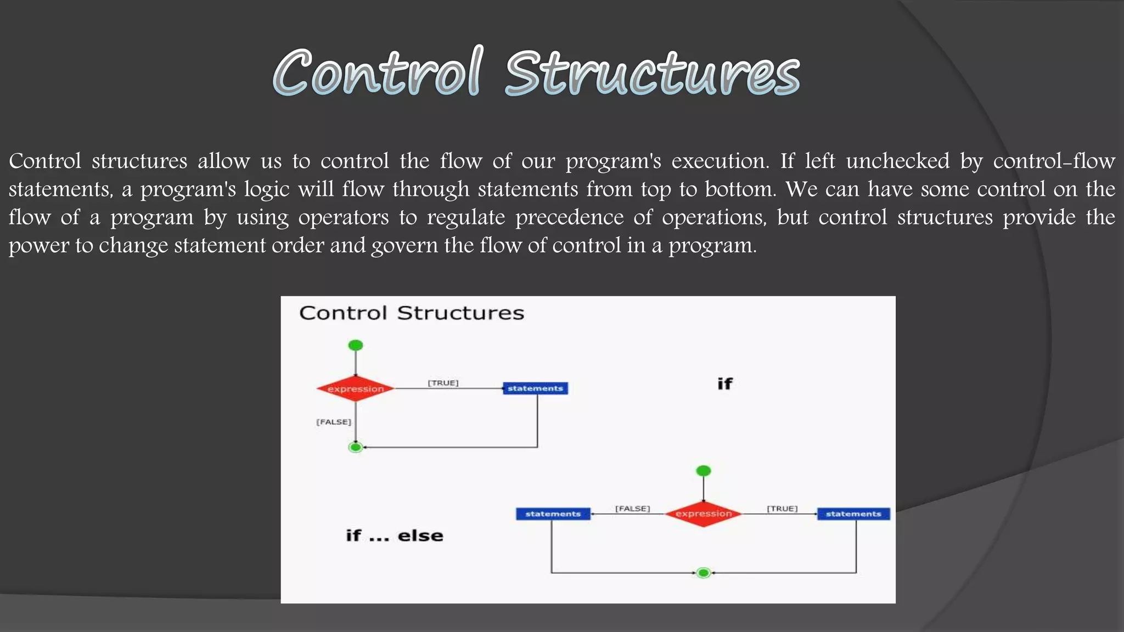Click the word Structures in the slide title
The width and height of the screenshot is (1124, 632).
pyautogui.click(x=652, y=74)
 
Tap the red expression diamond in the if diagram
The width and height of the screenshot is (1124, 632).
pyautogui.click(x=356, y=389)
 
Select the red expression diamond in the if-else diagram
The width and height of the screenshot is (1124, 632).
pyautogui.click(x=704, y=514)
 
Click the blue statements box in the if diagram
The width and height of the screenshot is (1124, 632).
pyautogui.click(x=535, y=388)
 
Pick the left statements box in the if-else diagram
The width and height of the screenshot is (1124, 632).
pyautogui.click(x=553, y=514)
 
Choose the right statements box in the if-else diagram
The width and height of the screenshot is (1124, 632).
pyautogui.click(x=853, y=514)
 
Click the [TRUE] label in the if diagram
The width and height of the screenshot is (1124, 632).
pyautogui.click(x=443, y=383)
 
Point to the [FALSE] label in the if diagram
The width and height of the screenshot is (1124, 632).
pyautogui.click(x=334, y=422)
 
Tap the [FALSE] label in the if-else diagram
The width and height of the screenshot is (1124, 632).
pyautogui.click(x=632, y=509)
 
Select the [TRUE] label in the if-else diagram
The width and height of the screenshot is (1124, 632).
pyautogui.click(x=782, y=509)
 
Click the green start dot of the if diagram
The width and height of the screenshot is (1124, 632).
pyautogui.click(x=356, y=345)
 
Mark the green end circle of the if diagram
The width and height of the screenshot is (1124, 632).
pyautogui.click(x=356, y=448)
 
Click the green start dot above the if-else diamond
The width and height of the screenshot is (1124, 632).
pyautogui.click(x=704, y=471)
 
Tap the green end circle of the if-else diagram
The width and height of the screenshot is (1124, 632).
pyautogui.click(x=704, y=573)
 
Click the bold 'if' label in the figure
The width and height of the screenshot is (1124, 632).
pyautogui.click(x=724, y=384)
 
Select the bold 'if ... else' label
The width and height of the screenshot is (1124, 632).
pyautogui.click(x=394, y=535)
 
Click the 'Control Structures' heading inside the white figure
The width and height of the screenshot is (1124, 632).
pyautogui.click(x=412, y=313)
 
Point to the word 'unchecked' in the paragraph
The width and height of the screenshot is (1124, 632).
pyautogui.click(x=897, y=161)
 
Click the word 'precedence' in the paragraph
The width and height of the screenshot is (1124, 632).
pyautogui.click(x=569, y=218)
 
